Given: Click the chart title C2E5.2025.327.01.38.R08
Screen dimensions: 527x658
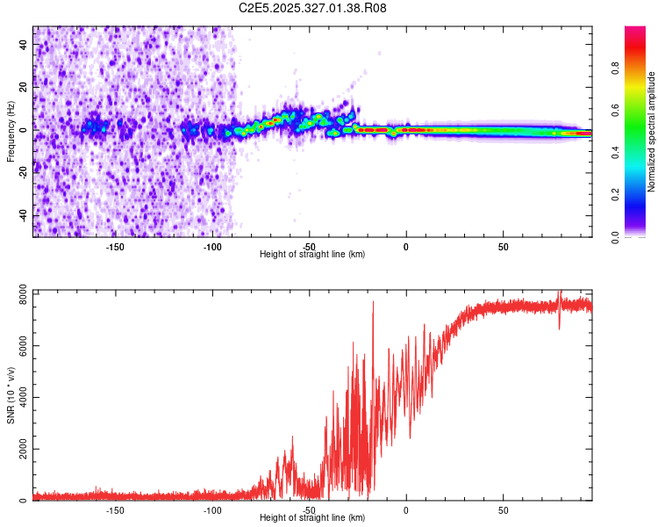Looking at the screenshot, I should tap(313, 8).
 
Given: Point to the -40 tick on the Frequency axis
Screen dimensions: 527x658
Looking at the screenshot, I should tap(25, 216).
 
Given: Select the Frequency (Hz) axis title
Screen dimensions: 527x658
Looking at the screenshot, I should tap(11, 132).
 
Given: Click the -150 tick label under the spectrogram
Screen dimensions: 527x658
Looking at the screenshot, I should tap(115, 246).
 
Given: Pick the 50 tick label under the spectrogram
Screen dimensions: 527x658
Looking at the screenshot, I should tap(503, 246).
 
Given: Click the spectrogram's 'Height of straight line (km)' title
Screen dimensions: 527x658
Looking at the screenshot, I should tap(312, 255).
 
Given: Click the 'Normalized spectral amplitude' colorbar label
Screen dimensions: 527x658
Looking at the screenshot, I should tap(651, 132).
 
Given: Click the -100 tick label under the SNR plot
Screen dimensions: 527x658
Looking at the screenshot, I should tap(211, 509).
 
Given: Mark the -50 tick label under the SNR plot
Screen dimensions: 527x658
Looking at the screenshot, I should tap(309, 509).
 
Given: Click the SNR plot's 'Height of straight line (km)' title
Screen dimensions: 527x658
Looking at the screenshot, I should tap(312, 518).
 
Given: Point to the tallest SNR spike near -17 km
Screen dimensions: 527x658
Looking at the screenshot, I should tap(373, 303).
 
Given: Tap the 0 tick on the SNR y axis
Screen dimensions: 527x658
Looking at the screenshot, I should tap(25, 500).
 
